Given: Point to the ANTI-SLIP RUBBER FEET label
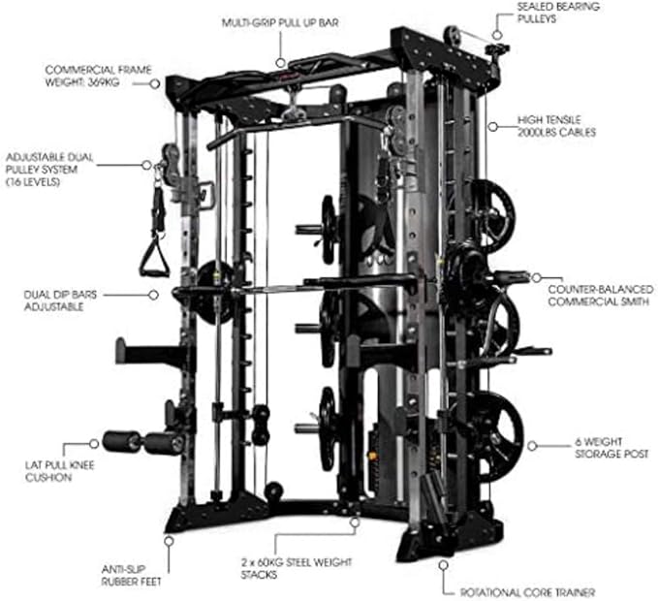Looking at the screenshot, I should coord(130,576).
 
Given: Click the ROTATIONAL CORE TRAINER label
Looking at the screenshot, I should coord(540,591).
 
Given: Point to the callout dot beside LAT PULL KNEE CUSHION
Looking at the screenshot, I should coord(93,443).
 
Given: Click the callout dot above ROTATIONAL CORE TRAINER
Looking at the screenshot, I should coord(443,562).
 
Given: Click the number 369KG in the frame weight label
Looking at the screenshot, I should coord(122,82).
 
